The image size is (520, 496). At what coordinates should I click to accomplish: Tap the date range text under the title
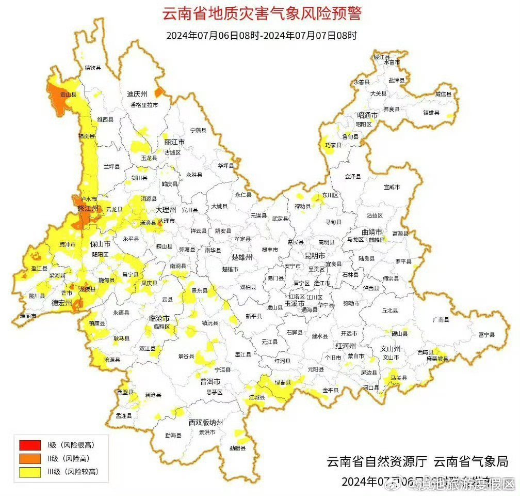(262, 36)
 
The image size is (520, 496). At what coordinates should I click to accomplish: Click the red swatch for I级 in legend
(29, 444)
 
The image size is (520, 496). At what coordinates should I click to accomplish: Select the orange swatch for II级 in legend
(29, 458)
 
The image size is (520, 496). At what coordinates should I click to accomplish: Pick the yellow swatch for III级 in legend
(29, 471)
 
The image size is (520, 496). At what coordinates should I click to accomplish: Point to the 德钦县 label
(92, 68)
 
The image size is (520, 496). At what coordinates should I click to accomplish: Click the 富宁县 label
(486, 335)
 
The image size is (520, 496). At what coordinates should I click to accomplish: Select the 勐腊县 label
(237, 448)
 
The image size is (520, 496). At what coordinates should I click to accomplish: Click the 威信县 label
(443, 95)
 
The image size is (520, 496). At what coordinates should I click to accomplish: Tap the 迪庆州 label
(137, 94)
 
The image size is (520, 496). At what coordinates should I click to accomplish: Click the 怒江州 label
(87, 209)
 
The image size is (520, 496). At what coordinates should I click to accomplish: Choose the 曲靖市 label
(371, 231)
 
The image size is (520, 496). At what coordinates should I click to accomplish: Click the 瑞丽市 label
(28, 315)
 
